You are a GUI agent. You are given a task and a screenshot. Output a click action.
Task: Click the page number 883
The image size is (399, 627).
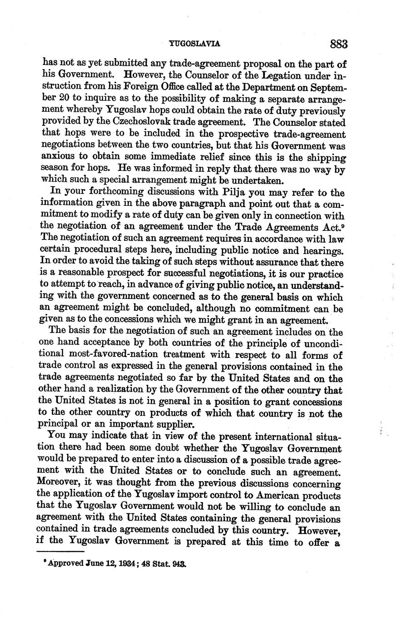point(339,44)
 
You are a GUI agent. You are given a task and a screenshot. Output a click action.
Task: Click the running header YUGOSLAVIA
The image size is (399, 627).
point(194,44)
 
